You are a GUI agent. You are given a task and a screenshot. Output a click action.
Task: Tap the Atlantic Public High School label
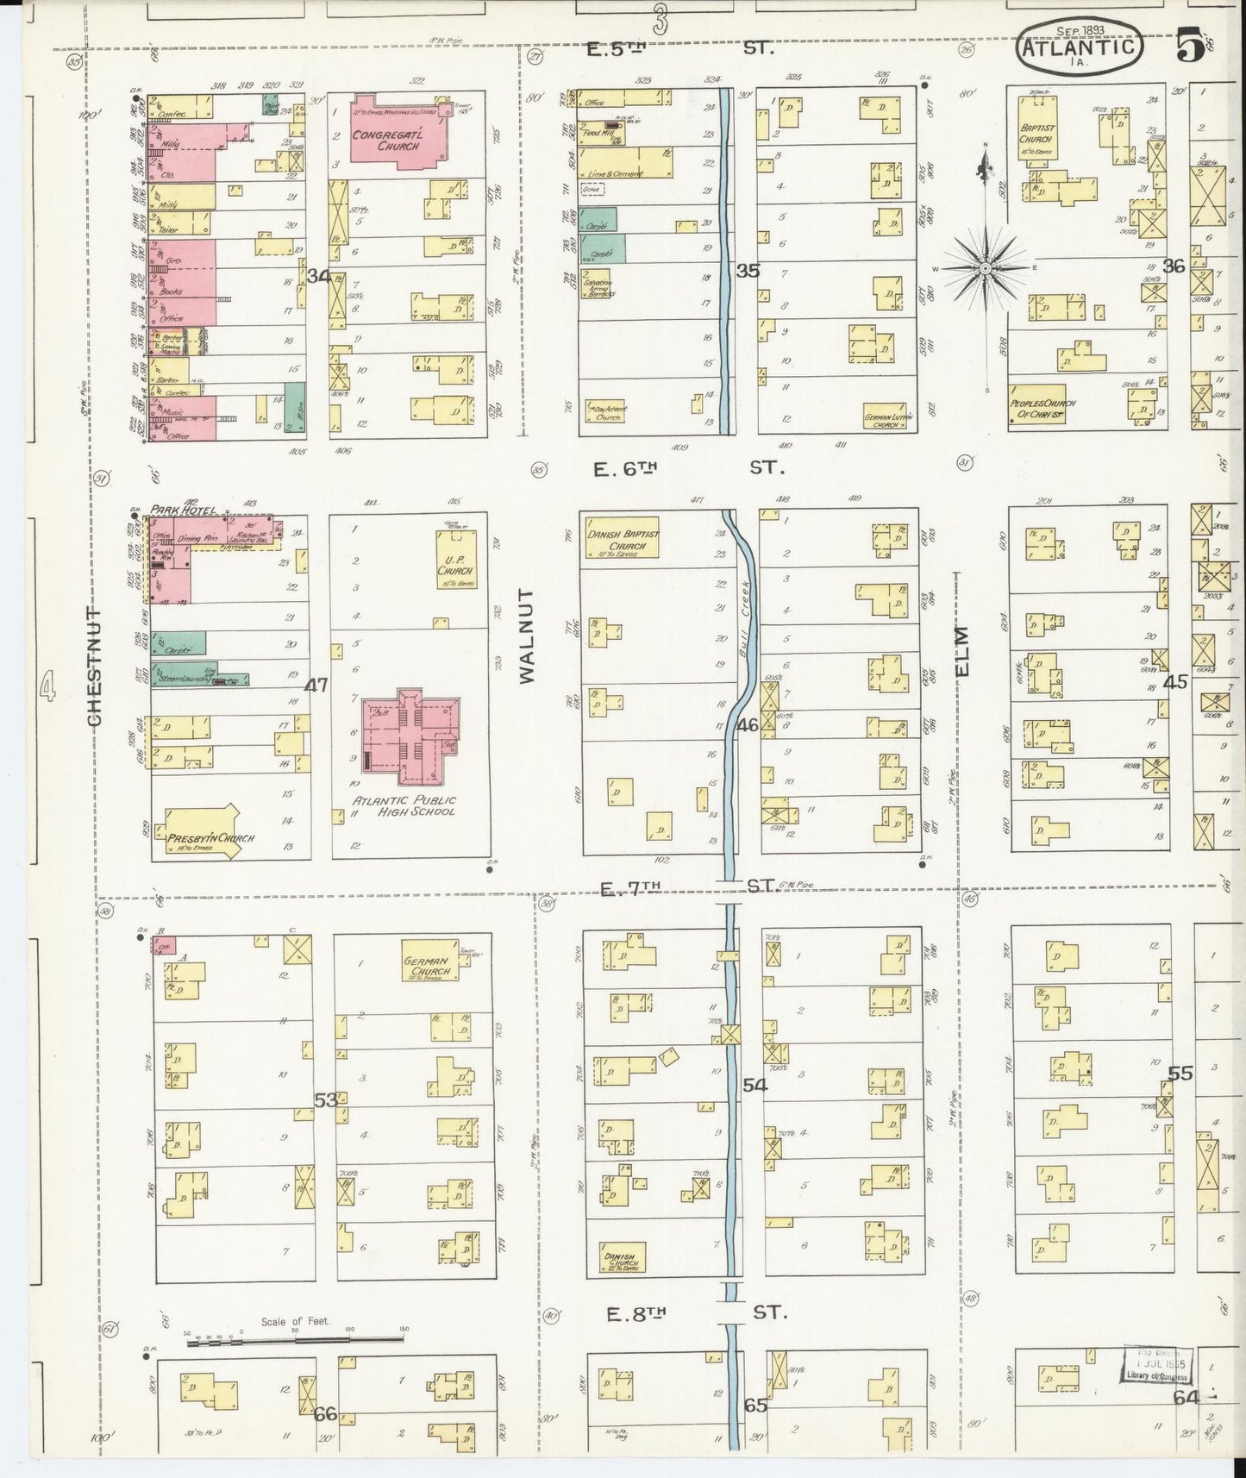[404, 805]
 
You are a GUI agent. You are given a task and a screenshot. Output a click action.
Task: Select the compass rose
[985, 268]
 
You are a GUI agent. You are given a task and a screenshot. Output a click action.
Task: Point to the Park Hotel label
[182, 510]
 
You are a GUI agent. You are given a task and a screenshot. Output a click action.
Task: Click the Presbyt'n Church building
[200, 834]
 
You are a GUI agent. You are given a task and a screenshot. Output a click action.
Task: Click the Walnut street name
[528, 636]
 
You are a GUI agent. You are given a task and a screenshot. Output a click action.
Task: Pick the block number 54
[754, 1086]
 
